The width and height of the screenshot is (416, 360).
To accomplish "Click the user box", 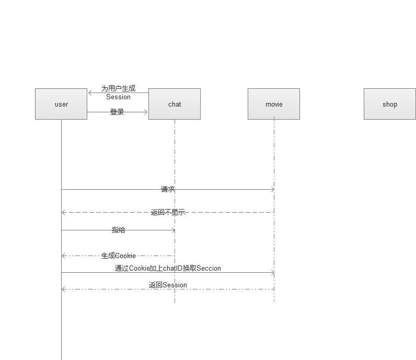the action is (61, 104).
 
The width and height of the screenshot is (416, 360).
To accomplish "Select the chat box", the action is (175, 104).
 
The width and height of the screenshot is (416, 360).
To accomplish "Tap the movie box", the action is (274, 104).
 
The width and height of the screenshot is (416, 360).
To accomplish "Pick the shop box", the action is (390, 104).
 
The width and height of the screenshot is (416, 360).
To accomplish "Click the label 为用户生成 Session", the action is (118, 92).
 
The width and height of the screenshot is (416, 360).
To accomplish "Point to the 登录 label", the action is (117, 112).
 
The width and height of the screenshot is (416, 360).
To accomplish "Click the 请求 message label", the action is (168, 189).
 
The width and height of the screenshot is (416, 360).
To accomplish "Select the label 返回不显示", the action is (168, 212).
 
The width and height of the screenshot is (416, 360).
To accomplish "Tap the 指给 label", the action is (119, 230).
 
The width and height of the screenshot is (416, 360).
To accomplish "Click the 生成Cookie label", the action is (119, 256).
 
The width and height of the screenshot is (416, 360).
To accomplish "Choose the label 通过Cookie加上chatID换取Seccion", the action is (168, 268).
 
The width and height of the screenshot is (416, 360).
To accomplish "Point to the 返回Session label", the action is (168, 285).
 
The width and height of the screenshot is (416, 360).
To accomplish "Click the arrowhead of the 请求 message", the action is (272, 189).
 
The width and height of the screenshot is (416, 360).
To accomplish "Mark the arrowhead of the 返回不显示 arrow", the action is (63, 212).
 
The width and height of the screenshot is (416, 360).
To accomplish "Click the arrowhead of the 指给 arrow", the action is (173, 230).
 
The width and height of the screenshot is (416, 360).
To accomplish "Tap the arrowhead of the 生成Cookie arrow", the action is (63, 256).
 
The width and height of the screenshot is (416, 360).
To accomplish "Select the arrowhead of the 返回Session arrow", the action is (63, 289).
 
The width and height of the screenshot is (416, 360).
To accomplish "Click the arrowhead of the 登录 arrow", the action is (146, 112).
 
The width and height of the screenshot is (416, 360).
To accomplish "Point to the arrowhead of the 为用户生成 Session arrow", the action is (90, 93).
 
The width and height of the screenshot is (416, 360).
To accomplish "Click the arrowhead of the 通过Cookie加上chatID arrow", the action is (272, 272).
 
